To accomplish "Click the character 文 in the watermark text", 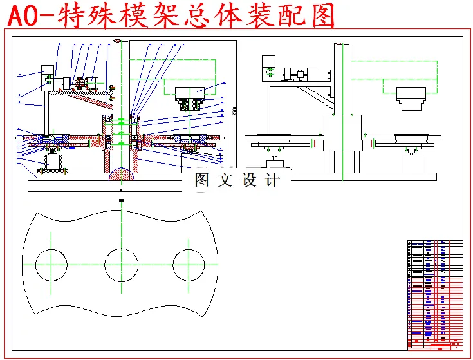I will click(x=225, y=180).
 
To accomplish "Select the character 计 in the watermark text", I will click(x=273, y=180).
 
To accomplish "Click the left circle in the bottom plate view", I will click(x=51, y=265).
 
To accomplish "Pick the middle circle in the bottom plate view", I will click(x=121, y=265).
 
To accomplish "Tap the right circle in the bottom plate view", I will click(x=189, y=265).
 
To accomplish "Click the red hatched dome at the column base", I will click(x=121, y=175).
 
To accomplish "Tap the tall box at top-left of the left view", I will click(x=48, y=73).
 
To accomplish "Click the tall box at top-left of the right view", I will click(x=268, y=68).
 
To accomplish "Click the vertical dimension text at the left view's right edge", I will click(x=234, y=111).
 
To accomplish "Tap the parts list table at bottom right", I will click(x=435, y=294).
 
